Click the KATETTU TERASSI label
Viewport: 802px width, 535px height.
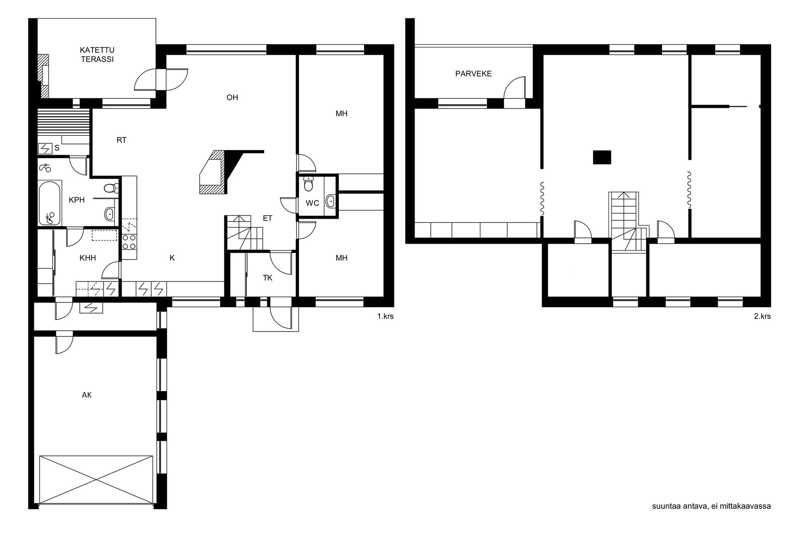click(97, 55)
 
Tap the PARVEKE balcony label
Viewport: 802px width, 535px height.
click(473, 74)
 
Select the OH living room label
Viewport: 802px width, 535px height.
click(232, 98)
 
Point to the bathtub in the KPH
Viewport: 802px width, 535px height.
click(50, 203)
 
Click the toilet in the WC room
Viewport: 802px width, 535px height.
click(309, 183)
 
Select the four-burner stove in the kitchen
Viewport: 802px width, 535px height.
click(129, 241)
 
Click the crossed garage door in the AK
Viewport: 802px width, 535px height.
click(96, 479)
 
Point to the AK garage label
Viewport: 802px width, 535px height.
click(86, 395)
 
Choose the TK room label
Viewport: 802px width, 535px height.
click(267, 278)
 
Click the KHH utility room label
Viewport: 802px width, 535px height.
click(88, 258)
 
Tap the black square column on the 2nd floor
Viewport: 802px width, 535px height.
click(602, 157)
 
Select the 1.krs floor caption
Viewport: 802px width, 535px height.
click(385, 316)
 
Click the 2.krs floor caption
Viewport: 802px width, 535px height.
click(762, 316)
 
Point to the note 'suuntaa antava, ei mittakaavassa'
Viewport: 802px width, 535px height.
click(711, 506)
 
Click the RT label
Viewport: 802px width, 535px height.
click(121, 140)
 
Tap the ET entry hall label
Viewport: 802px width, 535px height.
click(267, 218)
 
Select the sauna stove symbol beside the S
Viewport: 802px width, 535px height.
click(45, 148)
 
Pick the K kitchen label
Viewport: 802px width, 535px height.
click(172, 258)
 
